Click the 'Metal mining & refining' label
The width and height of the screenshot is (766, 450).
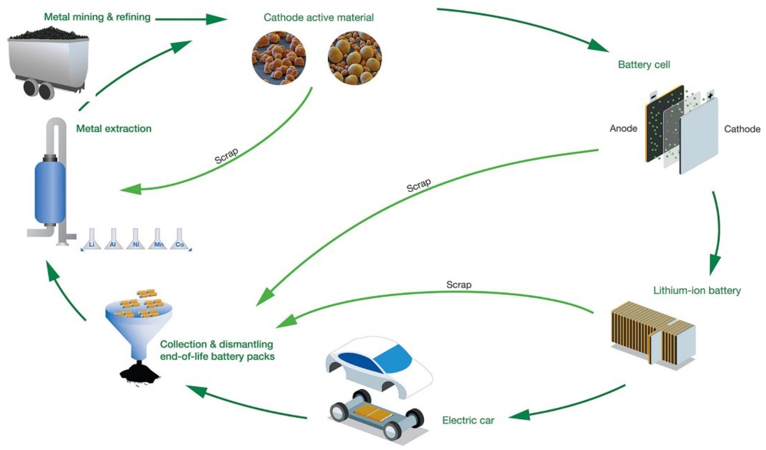point(97,17)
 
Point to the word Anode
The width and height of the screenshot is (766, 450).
point(624,129)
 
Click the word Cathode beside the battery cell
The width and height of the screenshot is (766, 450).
point(742,129)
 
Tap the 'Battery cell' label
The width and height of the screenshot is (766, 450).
point(644,65)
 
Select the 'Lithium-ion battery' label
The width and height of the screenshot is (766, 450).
point(697,291)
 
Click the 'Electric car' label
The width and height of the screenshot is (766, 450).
point(468,420)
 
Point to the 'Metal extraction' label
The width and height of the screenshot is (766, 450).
point(114,129)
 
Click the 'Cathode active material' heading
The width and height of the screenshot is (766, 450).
point(319,17)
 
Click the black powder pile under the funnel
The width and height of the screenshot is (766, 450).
point(139,372)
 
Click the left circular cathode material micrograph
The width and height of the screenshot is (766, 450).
point(278,57)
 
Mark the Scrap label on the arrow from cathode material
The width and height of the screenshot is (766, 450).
point(226,156)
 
